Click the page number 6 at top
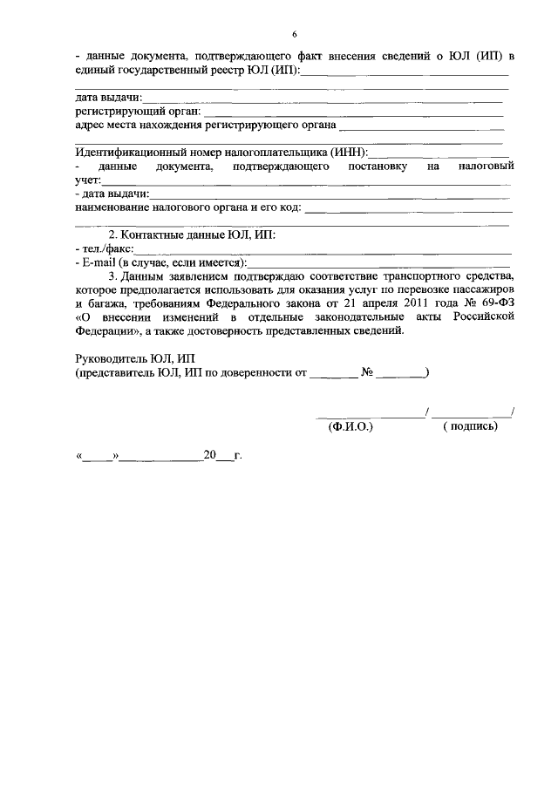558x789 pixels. [294, 34]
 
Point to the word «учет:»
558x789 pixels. [89, 179]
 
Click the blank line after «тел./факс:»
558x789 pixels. [323, 249]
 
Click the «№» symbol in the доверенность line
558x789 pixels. [368, 373]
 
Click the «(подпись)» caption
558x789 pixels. [470, 426]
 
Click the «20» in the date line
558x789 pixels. [209, 455]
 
